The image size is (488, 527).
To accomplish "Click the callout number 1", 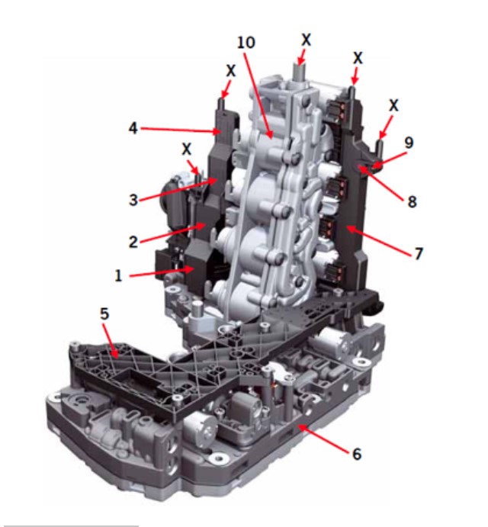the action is (118, 275).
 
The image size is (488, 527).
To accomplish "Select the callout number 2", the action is (133, 242).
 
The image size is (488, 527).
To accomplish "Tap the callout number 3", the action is (133, 200).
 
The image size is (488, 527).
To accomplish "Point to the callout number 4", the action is (133, 128).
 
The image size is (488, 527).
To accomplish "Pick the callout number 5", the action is (105, 313).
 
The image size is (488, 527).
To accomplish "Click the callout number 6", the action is (357, 454).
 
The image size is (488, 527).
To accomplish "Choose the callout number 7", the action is (419, 254).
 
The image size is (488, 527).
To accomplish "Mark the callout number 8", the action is (412, 201).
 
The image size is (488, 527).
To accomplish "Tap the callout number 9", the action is (409, 143).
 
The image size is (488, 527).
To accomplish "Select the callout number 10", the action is (246, 43).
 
